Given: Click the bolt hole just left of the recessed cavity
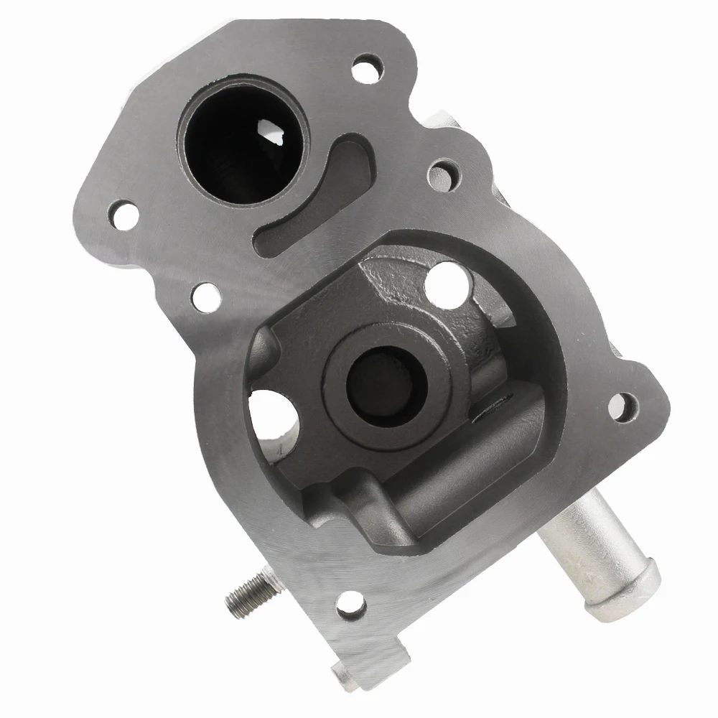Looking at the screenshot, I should click(x=205, y=294).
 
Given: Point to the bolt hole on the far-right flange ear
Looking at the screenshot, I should click(x=622, y=407).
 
